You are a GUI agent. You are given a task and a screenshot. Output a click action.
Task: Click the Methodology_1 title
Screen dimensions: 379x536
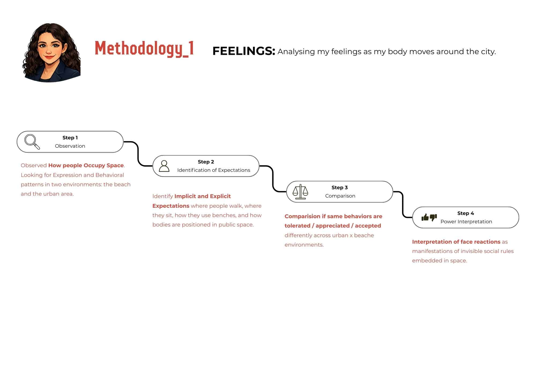coord(144,49)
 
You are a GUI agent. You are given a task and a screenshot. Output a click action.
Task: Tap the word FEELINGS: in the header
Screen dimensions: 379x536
coord(244,51)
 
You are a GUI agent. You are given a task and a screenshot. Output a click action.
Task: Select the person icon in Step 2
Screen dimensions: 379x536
coord(164,166)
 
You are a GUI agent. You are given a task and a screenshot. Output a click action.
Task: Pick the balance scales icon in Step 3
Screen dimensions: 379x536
coord(300,192)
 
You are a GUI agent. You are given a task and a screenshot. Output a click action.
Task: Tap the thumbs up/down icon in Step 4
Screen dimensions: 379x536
coord(429,217)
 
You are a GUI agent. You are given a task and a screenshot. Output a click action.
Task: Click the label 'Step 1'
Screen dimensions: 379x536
coord(70,138)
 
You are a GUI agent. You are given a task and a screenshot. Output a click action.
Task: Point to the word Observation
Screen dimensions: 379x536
coord(70,146)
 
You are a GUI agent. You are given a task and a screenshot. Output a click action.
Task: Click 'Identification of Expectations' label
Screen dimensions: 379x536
coord(214,170)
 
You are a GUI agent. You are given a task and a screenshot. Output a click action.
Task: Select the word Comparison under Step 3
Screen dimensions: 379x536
coord(340,196)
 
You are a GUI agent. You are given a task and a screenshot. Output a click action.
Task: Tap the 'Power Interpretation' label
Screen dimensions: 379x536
coord(466,222)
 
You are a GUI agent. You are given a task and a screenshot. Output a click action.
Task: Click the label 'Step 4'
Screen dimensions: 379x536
coord(466,213)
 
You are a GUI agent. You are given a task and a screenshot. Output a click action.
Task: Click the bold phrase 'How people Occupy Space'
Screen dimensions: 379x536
coord(86,165)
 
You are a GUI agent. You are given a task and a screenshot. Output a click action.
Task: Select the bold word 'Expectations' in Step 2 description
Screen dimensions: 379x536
coord(171,206)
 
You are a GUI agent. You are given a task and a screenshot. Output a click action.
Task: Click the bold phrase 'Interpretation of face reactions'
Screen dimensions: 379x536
coord(456,242)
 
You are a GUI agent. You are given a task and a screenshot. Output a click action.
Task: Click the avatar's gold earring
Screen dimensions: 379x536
coord(63,54)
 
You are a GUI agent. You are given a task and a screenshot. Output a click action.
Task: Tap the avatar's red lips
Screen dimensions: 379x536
coord(49,57)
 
